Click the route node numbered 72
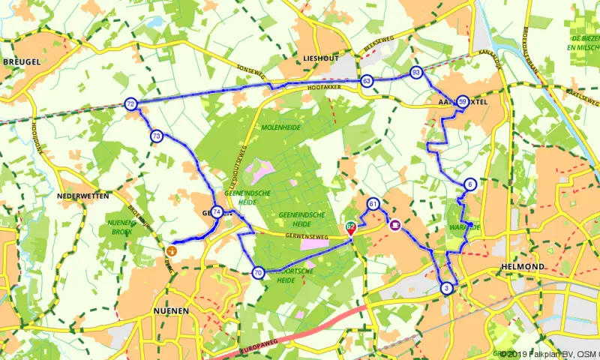point(131,104)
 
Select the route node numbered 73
point(156,136)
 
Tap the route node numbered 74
point(217,212)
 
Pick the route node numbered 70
point(258,273)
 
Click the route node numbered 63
point(366,80)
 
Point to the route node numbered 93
point(416,72)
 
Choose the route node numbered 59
point(463,102)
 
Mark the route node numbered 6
point(469,184)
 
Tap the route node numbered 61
point(373,204)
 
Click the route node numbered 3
point(447,288)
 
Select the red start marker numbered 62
point(350,227)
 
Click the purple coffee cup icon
point(394,223)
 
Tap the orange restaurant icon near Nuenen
point(171,250)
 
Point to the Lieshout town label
point(321,58)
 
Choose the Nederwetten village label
point(83,196)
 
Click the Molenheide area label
point(280,127)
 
